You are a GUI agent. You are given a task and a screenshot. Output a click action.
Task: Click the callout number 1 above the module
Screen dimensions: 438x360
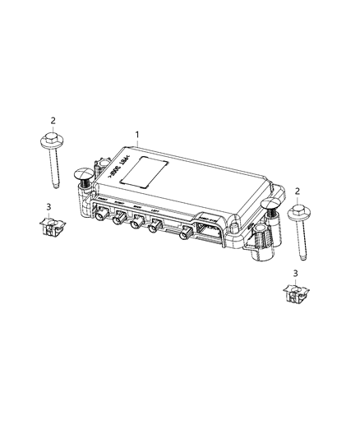(138, 134)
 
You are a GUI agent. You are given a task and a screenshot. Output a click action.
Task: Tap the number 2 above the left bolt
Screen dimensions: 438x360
(53, 121)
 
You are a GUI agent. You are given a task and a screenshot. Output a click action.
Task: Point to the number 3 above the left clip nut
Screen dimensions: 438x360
(49, 206)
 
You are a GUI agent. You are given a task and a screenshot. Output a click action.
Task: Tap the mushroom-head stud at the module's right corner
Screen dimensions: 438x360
(270, 207)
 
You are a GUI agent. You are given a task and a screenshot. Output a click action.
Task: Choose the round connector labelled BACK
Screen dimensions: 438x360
(137, 222)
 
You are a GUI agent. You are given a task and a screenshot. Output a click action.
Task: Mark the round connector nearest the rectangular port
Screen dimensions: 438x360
(184, 236)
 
